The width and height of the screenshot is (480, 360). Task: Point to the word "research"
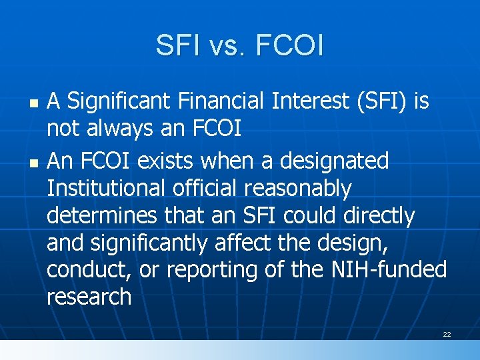89,297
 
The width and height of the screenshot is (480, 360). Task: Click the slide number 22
447,334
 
